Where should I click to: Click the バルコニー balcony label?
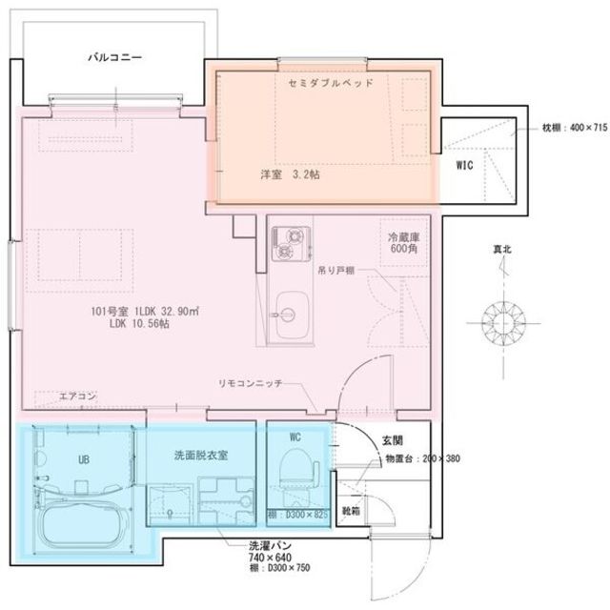pos(115,57)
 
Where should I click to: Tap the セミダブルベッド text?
pos(329,84)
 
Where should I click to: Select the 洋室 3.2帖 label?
pos(291,175)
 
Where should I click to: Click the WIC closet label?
pos(463,165)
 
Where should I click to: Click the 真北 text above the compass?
pos(501,250)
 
